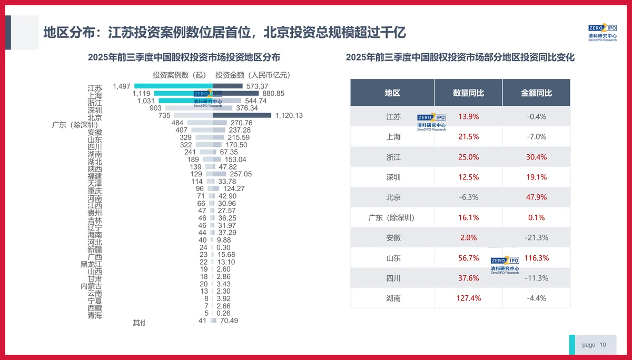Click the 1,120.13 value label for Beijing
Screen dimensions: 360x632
click(288, 116)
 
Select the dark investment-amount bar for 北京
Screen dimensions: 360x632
click(242, 115)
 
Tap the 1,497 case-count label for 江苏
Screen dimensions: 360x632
click(122, 86)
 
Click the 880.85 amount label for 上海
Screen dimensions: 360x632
click(273, 94)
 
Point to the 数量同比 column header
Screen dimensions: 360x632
click(468, 93)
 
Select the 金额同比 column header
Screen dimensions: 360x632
click(536, 93)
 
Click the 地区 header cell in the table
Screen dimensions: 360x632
click(392, 93)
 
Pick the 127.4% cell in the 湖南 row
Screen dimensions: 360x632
click(468, 298)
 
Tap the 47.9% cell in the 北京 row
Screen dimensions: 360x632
click(536, 197)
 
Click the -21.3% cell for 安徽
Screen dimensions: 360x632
click(536, 238)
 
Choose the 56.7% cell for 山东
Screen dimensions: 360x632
click(468, 258)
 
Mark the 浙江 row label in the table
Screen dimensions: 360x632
click(392, 157)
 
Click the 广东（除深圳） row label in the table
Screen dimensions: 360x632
click(392, 217)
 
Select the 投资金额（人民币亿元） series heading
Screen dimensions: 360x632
click(253, 75)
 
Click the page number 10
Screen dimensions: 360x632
click(603, 345)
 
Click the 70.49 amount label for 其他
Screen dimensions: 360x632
click(229, 321)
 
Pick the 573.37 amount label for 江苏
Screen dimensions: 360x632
click(257, 86)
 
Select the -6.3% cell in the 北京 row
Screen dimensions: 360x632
click(468, 197)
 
